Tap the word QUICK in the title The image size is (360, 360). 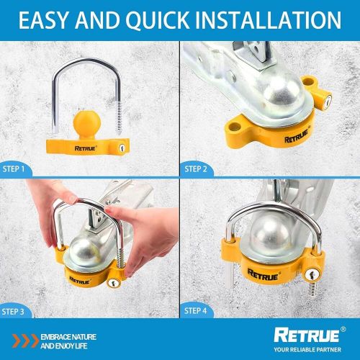pos(158,20)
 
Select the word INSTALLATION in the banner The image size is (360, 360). pos(269,20)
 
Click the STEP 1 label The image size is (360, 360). pos(14,169)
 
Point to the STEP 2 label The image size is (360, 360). pos(196,169)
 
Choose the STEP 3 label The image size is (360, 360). pos(13,312)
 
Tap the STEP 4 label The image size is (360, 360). pos(195,311)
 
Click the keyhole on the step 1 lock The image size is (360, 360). pos(122,148)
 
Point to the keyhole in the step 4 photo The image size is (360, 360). pos(311,274)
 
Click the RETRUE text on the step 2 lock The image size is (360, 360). pos(297,137)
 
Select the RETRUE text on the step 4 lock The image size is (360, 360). pos(263,275)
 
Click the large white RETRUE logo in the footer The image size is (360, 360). pos(307,335)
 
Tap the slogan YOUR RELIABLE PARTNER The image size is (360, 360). pos(307,350)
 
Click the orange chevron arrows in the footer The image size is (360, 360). pos(25,341)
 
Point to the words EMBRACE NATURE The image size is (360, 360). pos(68,337)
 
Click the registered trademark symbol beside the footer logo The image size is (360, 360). pos(343,329)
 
